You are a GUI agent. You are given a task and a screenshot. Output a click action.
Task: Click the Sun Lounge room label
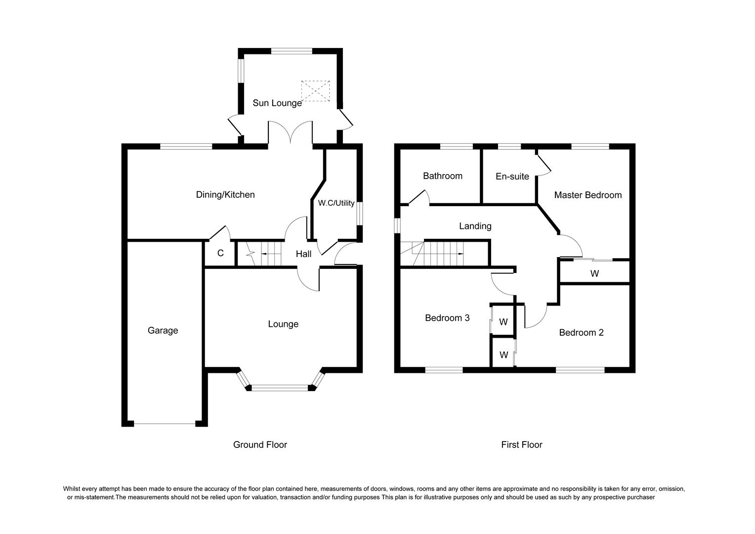[277, 103]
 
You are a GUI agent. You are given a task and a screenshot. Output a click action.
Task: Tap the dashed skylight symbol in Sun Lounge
[315, 91]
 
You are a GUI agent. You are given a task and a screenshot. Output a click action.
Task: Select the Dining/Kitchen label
[225, 195]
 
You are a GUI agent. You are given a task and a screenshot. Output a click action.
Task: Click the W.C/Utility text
[336, 203]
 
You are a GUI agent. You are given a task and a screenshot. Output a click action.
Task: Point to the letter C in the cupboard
[220, 253]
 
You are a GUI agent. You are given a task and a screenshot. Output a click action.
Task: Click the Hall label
[303, 254]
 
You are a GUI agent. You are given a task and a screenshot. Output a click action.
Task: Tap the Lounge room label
[283, 324]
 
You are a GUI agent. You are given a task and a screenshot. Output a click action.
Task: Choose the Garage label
[163, 331]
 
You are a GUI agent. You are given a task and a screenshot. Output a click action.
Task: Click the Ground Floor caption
[260, 445]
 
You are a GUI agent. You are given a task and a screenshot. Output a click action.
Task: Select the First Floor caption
[522, 445]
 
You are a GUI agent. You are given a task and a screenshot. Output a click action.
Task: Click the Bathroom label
[443, 176]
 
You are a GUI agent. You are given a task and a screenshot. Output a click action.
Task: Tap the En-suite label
[512, 177]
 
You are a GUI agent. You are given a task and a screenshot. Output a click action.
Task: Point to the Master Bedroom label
[588, 195]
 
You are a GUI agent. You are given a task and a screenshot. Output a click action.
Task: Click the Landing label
[475, 226]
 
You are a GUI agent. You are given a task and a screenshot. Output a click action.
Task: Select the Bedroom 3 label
[447, 318]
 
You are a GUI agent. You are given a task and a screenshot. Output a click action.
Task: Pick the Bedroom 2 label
[582, 333]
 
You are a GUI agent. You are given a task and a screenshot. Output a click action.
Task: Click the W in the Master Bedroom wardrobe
[594, 273]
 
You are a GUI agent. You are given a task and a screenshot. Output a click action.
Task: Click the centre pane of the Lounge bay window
[280, 388]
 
